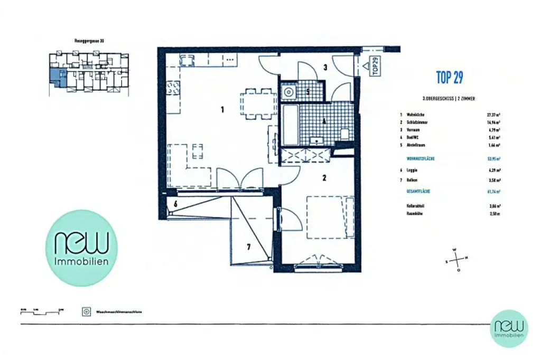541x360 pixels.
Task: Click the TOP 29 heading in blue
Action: (450, 78)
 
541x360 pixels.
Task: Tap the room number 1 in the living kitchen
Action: (223, 110)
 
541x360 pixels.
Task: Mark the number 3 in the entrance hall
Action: (325, 67)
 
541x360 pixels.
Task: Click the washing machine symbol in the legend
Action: (86, 312)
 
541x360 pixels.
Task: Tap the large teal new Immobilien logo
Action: (82, 248)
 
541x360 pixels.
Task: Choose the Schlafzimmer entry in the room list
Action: (417, 122)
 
